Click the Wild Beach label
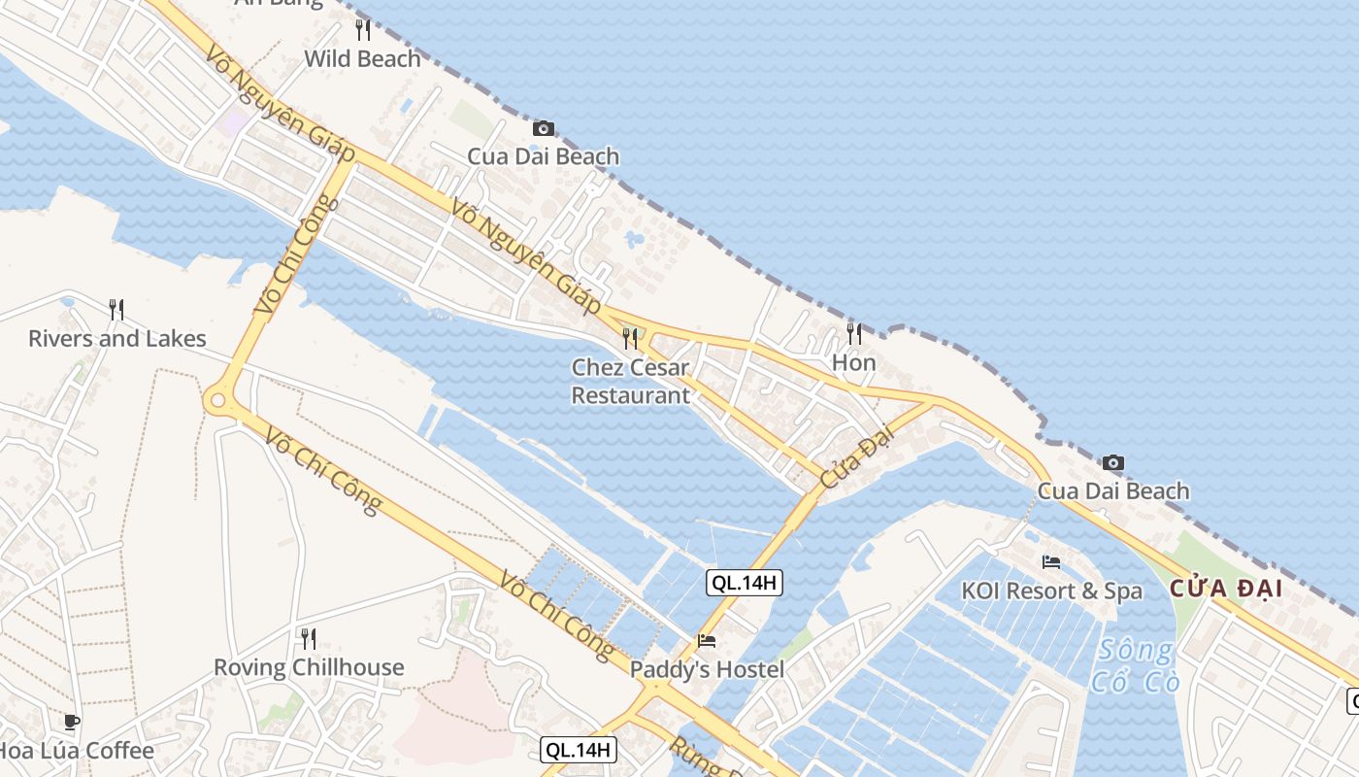click(x=362, y=58)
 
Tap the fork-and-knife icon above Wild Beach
click(x=362, y=30)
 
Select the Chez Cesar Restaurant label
click(x=630, y=382)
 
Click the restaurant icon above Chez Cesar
click(x=630, y=338)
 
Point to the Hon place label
click(x=854, y=363)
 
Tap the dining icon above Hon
click(x=854, y=334)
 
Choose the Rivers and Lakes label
click(x=116, y=338)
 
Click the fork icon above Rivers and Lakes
click(x=116, y=310)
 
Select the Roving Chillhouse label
click(x=309, y=667)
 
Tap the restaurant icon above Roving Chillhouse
click(x=309, y=638)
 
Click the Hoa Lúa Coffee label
click(x=76, y=751)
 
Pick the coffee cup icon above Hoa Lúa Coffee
click(x=71, y=722)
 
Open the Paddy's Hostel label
click(x=707, y=669)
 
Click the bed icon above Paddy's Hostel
click(x=707, y=641)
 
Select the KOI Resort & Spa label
click(x=1051, y=591)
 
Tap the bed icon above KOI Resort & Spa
click(x=1051, y=561)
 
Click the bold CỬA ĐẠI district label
click(x=1226, y=588)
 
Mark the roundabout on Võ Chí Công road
click(x=217, y=397)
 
